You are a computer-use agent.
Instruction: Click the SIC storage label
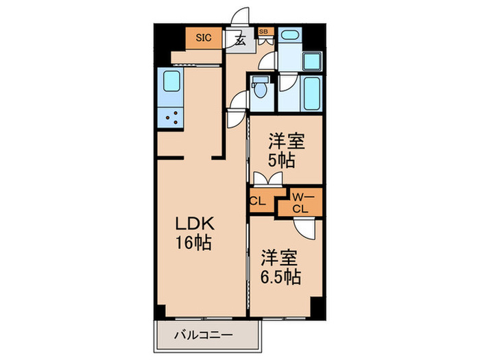coord(204,38)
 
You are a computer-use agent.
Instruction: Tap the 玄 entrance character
coord(240,40)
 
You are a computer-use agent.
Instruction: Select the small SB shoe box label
coord(264,32)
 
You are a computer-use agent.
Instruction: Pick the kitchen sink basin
coord(169,84)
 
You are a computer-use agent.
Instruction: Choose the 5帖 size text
coord(282,161)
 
